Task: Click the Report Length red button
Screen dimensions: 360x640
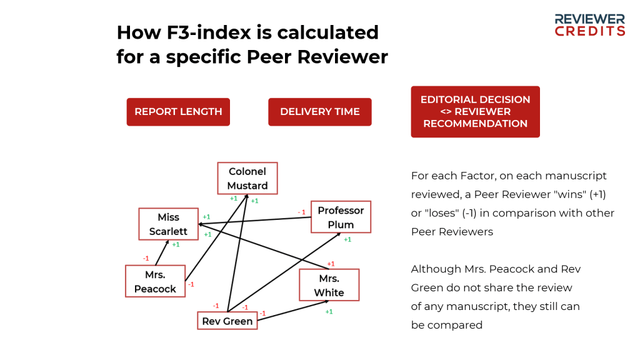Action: click(x=178, y=112)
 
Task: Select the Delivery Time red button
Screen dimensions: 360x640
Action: click(x=319, y=112)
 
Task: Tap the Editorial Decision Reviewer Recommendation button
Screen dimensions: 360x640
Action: click(x=475, y=112)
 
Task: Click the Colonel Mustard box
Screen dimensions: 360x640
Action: click(x=247, y=178)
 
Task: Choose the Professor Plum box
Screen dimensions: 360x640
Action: click(x=341, y=217)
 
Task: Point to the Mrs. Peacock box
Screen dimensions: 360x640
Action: click(x=155, y=281)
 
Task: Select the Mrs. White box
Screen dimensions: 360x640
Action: click(x=329, y=285)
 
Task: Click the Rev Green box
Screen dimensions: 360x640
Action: click(x=227, y=321)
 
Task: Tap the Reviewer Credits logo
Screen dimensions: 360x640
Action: click(x=590, y=25)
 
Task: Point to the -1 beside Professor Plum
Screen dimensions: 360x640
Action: click(x=301, y=212)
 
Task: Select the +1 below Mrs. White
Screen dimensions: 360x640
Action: click(x=329, y=311)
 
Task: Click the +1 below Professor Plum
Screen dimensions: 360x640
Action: click(x=347, y=239)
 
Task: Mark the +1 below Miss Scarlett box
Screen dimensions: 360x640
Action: click(x=176, y=244)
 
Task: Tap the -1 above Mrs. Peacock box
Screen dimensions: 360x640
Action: click(x=146, y=258)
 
